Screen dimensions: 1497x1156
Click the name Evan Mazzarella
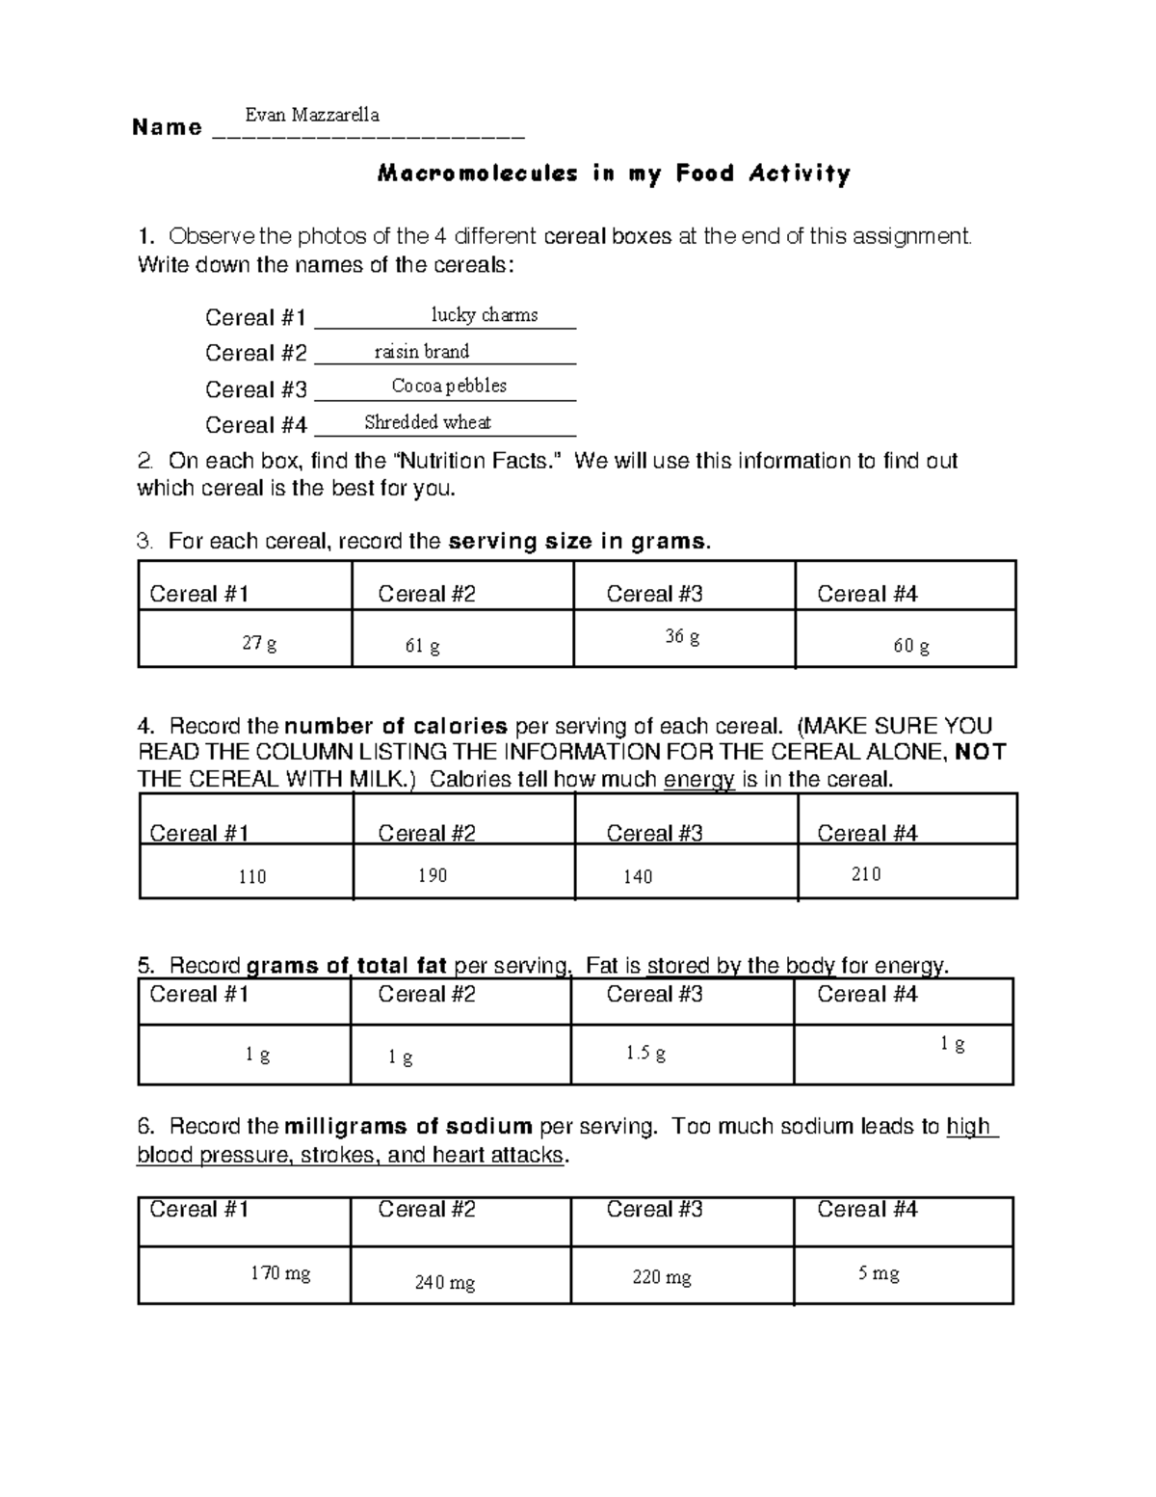[x=311, y=115]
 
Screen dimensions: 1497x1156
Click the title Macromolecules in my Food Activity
[x=615, y=174]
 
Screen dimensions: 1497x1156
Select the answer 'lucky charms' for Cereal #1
[x=484, y=314]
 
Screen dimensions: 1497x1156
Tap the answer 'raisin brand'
[x=421, y=351]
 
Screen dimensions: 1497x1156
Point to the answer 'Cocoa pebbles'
[x=449, y=386]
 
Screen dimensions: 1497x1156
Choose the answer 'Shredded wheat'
[x=428, y=421]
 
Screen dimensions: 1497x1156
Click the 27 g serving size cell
[x=259, y=643]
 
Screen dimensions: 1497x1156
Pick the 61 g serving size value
[x=422, y=646]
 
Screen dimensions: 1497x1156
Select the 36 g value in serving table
[x=682, y=637]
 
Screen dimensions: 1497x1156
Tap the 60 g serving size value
[x=910, y=646]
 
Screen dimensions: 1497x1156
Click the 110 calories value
[x=251, y=876]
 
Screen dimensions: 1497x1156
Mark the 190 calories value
[x=432, y=875]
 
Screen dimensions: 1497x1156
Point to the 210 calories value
[x=865, y=873]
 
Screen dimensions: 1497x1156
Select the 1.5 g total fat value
[x=645, y=1053]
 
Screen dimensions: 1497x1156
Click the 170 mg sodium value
[x=280, y=1273]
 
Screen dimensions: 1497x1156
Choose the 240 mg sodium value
[x=444, y=1282]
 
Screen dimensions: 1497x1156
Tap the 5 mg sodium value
[x=879, y=1273]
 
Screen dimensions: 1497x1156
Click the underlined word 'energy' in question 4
[x=699, y=780]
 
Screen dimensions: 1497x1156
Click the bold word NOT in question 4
[x=983, y=753]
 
